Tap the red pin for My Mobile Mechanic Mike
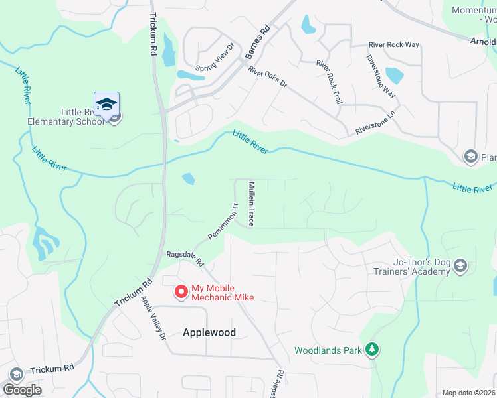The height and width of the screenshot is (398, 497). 180,291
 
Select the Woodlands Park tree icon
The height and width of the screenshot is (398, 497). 373,348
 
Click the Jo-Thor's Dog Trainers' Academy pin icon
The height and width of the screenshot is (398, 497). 462,266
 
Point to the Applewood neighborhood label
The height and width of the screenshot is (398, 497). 209,332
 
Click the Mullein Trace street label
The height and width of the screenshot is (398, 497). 252,204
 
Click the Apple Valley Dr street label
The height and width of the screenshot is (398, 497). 152,318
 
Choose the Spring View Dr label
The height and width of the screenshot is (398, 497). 215,59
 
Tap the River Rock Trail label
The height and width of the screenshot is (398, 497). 330,82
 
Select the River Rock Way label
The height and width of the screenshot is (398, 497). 394,45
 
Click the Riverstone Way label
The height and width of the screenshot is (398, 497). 380,76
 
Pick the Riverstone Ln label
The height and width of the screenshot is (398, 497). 375,123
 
